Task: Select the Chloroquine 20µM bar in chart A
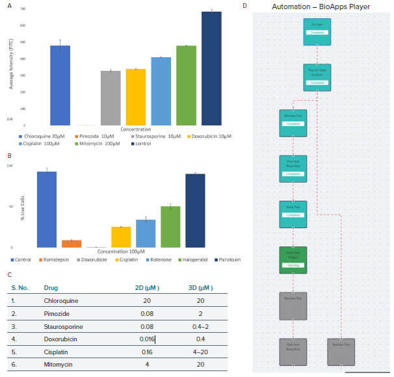(x=60, y=85)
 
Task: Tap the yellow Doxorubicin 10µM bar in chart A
(x=135, y=97)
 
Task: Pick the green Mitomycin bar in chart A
(x=186, y=85)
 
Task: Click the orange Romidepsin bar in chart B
(x=72, y=244)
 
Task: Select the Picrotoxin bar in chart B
(x=195, y=211)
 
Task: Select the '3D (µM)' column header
(x=199, y=287)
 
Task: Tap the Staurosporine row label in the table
(x=63, y=326)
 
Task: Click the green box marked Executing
(x=292, y=259)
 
